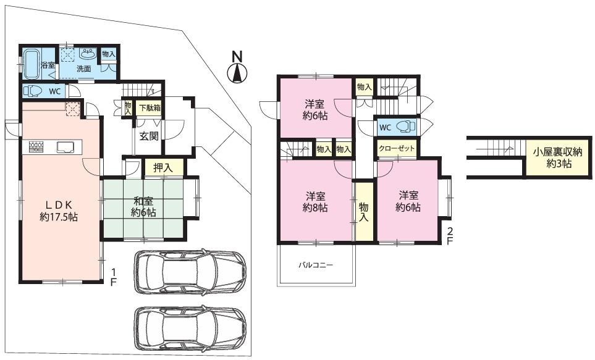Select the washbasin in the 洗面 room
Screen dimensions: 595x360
tap(88, 54)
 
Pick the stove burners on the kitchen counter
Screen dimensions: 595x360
tap(36, 147)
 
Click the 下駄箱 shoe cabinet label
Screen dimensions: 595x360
tap(150, 107)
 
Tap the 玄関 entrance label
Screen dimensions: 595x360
tap(149, 136)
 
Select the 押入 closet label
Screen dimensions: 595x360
tap(163, 168)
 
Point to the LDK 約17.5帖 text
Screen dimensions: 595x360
tap(59, 211)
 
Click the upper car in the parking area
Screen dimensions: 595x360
tap(190, 272)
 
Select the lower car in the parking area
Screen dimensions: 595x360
tap(190, 328)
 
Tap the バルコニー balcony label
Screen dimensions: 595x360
tap(315, 265)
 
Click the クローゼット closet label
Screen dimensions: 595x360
tap(397, 148)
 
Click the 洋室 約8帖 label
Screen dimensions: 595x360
tap(315, 202)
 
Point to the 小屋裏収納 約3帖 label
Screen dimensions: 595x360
tap(557, 158)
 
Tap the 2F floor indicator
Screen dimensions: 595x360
tap(450, 237)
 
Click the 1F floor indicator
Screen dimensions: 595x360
tap(113, 277)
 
